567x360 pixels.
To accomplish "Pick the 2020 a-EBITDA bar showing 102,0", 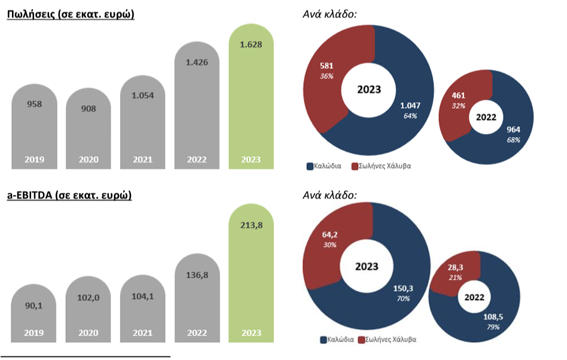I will pos(89,311).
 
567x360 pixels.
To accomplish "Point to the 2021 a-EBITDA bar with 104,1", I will pos(143,311).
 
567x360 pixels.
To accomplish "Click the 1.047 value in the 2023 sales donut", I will pos(410,106).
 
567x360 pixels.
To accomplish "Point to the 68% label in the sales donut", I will pos(513,140).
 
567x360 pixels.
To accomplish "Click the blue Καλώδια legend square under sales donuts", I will pos(310,166).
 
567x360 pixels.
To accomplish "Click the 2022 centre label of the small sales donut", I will pos(486,118).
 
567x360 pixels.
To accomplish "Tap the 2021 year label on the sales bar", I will pos(143,160).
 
